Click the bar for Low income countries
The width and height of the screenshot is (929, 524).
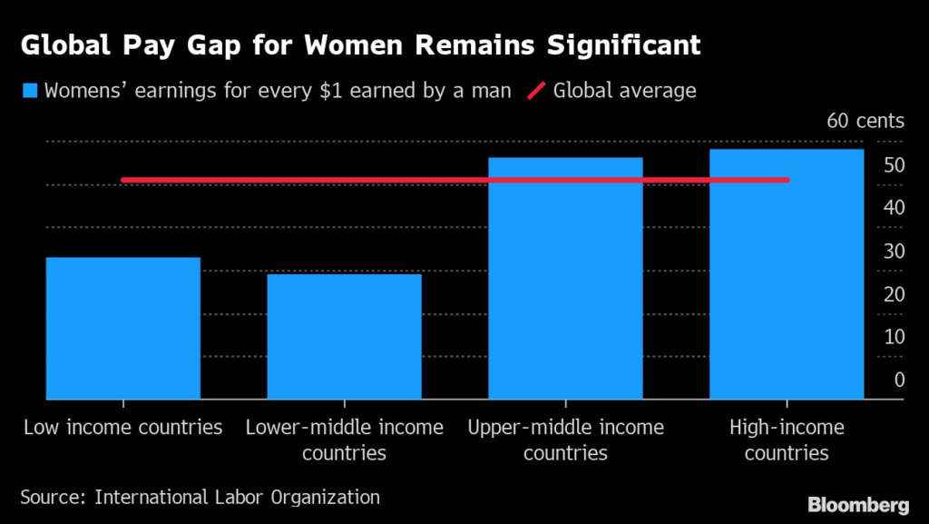click(x=122, y=328)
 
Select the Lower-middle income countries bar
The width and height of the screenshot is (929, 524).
click(x=344, y=336)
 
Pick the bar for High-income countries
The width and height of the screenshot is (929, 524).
click(x=787, y=273)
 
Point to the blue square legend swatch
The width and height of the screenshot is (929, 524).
click(x=30, y=91)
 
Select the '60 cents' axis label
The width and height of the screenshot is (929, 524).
click(x=865, y=121)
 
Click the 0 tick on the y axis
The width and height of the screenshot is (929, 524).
click(x=899, y=380)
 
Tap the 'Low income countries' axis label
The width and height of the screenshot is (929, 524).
click(x=122, y=427)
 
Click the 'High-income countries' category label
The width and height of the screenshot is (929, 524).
click(x=787, y=440)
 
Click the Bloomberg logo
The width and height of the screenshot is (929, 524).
click(x=859, y=502)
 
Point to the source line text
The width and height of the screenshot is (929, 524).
click(x=200, y=497)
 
